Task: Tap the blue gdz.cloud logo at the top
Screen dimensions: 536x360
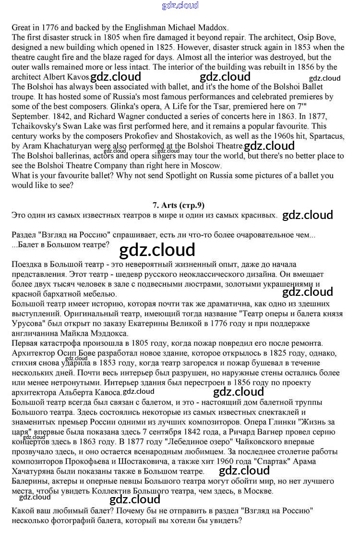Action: click(180, 6)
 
